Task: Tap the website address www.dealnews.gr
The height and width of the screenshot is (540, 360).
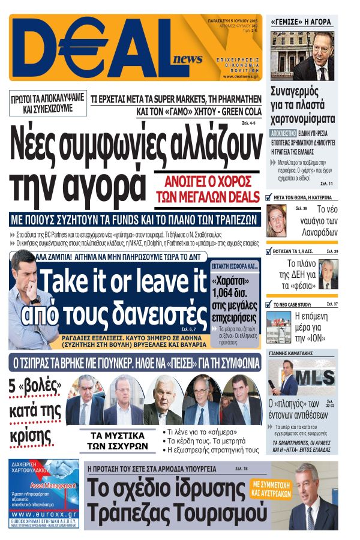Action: coord(240,77)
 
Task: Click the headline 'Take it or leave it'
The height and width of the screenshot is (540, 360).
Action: coord(121,282)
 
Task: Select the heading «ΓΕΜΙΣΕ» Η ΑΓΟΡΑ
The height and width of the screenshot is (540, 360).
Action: coord(301,22)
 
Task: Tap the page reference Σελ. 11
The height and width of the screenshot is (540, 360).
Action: coord(327,183)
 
